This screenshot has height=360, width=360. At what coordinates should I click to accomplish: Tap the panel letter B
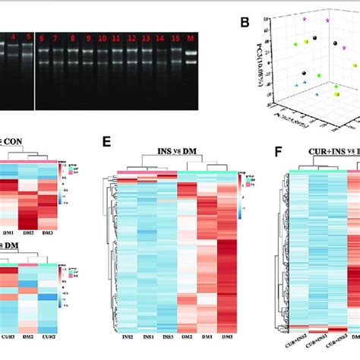(244, 22)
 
